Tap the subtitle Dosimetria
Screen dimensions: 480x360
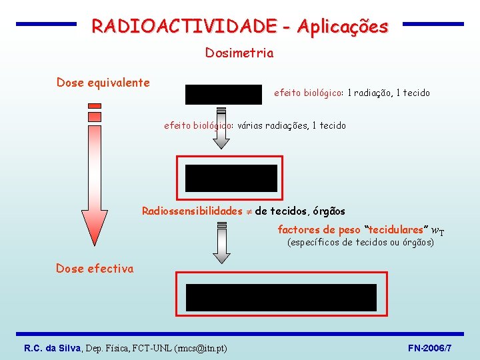[239, 53]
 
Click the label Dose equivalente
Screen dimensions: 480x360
[103, 83]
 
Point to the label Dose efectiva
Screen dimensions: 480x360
[95, 269]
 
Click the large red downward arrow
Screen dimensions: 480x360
[94, 180]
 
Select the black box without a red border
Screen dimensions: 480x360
[224, 95]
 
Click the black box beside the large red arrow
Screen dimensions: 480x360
[231, 178]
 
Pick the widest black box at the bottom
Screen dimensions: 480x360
[281, 297]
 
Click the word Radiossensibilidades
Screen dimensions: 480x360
[192, 211]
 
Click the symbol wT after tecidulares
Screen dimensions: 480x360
[438, 231]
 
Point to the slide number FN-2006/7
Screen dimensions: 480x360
[429, 349]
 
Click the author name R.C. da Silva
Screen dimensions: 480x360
[53, 349]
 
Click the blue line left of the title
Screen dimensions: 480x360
[46, 24]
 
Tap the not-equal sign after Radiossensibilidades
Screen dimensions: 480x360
[248, 211]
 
